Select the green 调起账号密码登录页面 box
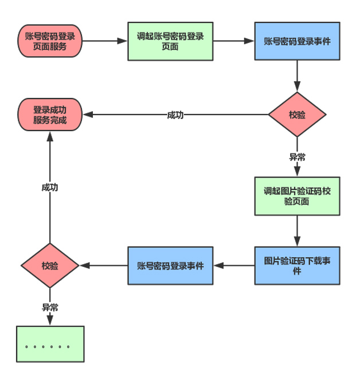[x=170, y=41]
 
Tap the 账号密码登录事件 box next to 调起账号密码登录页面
[x=296, y=41]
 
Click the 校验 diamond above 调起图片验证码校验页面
[x=297, y=115]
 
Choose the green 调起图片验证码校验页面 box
[x=296, y=196]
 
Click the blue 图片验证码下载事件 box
[x=296, y=265]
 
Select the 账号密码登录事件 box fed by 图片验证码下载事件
[x=170, y=265]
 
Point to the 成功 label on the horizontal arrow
[x=175, y=115]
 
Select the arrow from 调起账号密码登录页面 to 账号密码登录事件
[x=233, y=41]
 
